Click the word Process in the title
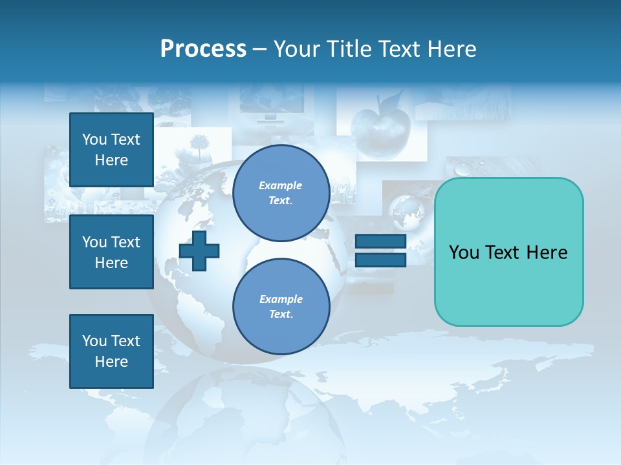[203, 49]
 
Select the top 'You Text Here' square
[111, 150]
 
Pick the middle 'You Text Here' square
[111, 252]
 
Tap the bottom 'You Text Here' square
[111, 351]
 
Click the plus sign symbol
[199, 251]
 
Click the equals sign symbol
[380, 251]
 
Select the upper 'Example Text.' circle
[281, 192]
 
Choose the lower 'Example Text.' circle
[281, 306]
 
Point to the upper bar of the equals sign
[380, 242]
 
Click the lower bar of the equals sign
[380, 260]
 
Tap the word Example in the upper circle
[280, 185]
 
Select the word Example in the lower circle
[280, 299]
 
